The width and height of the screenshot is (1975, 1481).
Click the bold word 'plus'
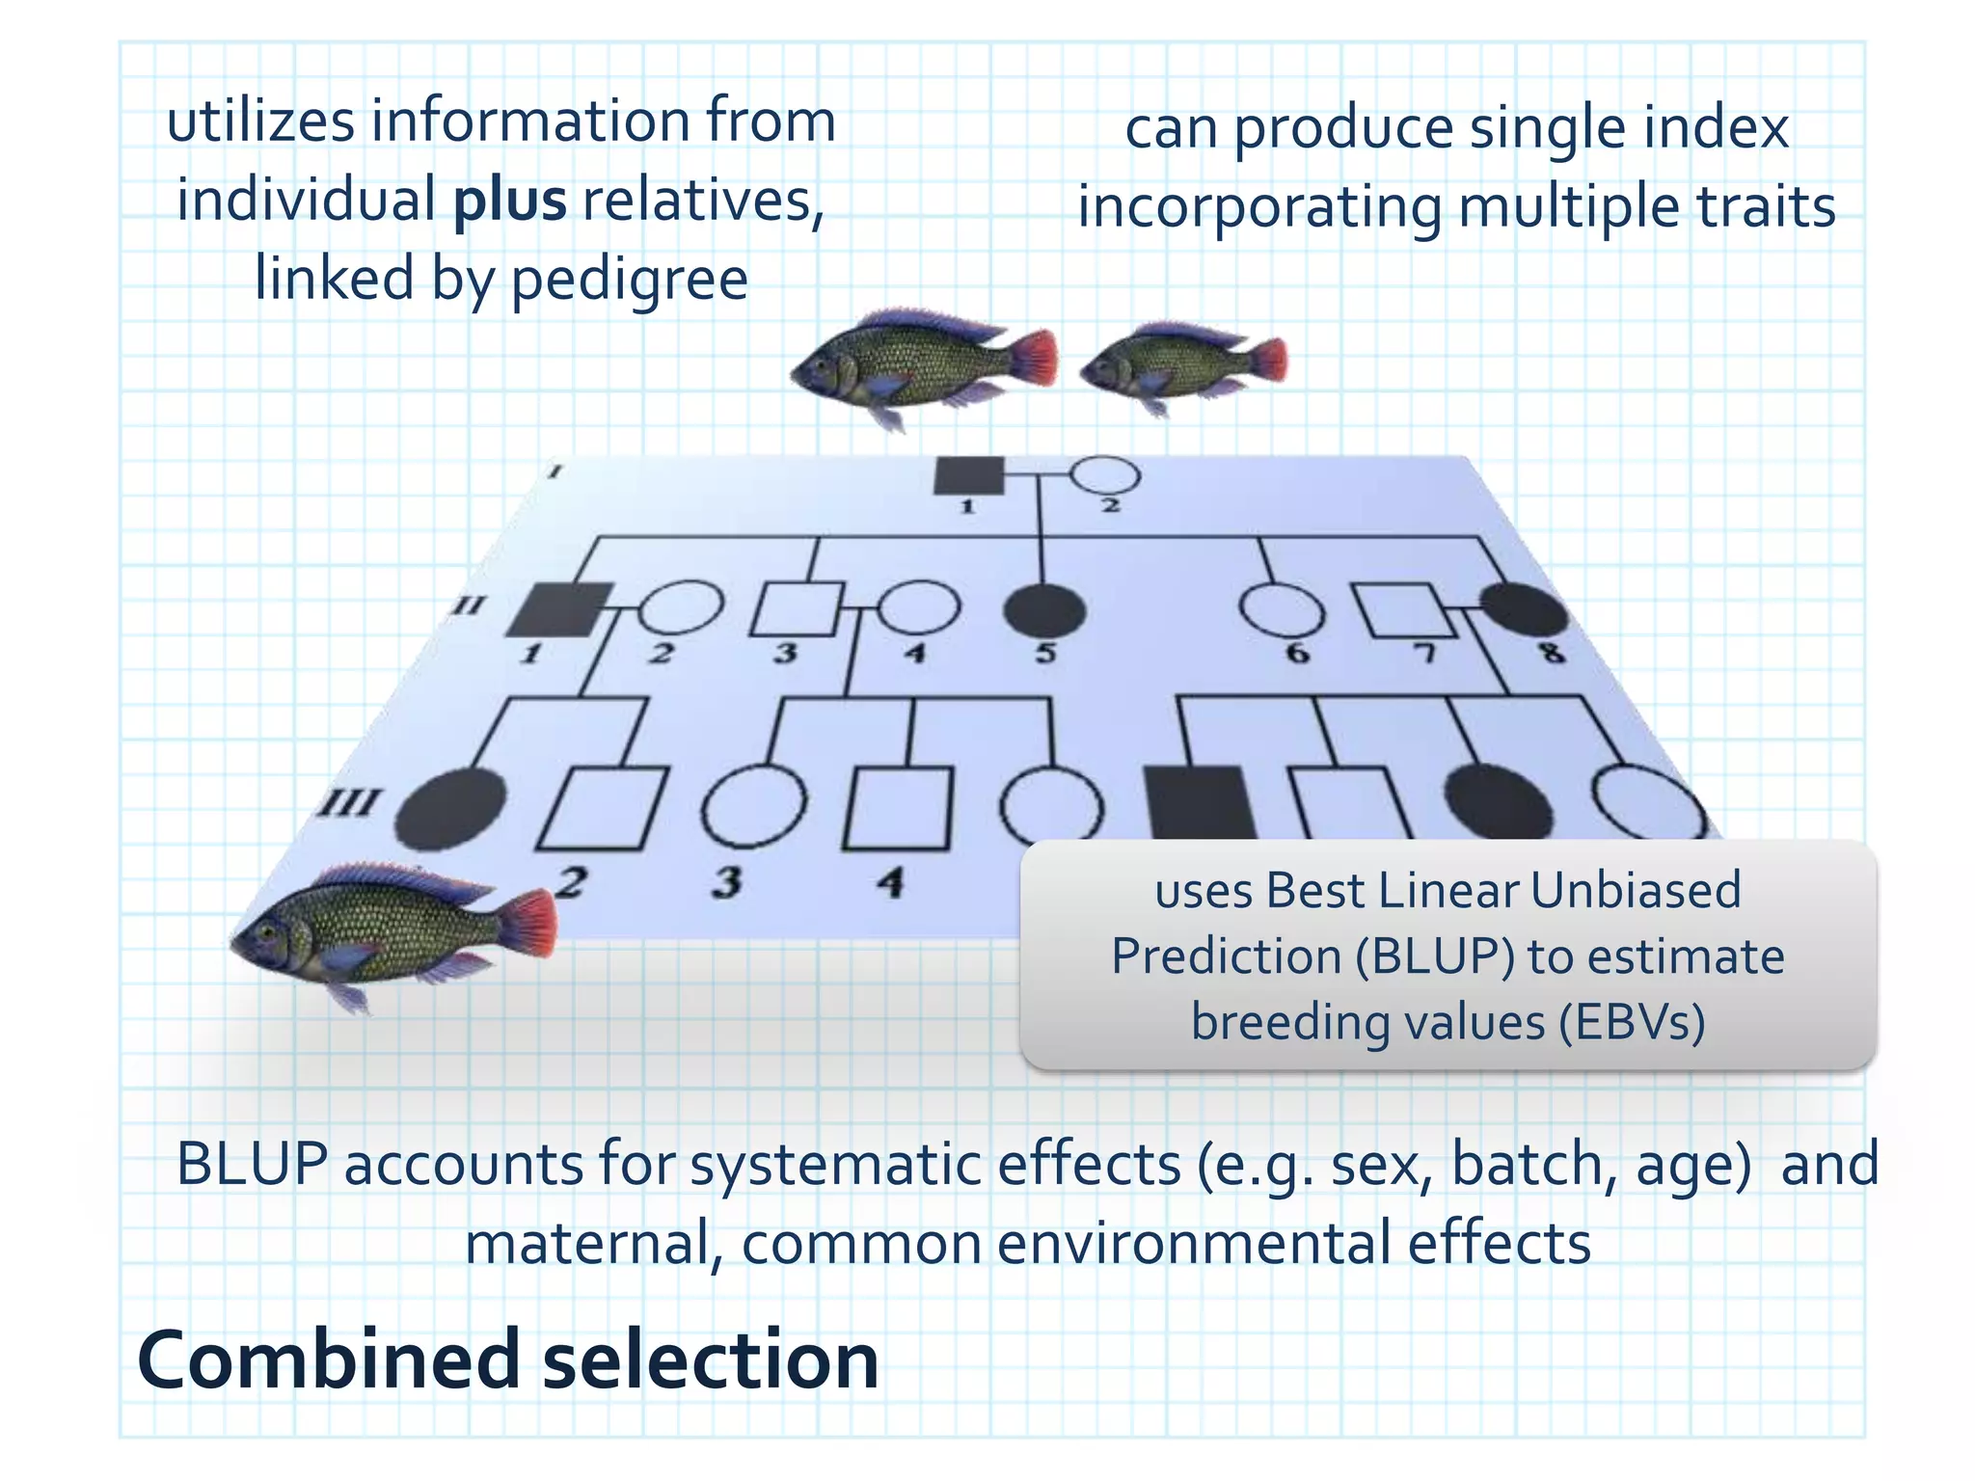click(x=510, y=202)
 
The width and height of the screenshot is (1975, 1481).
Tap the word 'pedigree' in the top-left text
click(x=629, y=280)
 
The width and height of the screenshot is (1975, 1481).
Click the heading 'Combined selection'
click(x=508, y=1360)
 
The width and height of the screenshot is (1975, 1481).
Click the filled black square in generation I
click(x=969, y=475)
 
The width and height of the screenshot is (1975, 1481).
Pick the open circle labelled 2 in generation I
click(x=1105, y=475)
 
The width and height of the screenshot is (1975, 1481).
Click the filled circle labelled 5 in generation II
click(x=1044, y=610)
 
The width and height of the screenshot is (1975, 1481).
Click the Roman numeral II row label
click(x=470, y=606)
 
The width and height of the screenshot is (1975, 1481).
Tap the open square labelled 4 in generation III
click(x=898, y=808)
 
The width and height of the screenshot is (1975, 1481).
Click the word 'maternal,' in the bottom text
click(x=595, y=1244)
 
